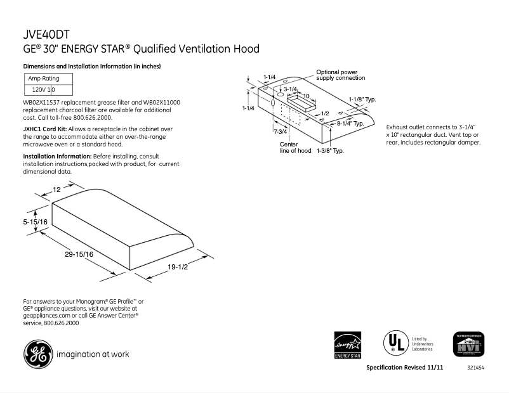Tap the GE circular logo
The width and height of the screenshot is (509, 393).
coord(39,354)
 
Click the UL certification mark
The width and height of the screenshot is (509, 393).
coord(394,344)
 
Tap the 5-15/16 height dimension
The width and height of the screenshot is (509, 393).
coord(36,222)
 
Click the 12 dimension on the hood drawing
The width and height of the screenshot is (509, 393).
coord(56,190)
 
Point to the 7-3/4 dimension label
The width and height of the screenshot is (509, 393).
coord(280,131)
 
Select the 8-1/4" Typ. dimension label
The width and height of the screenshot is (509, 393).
coord(350,123)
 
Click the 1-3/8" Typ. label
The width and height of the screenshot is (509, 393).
coord(330,151)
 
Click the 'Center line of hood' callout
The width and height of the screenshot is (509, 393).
coord(295,148)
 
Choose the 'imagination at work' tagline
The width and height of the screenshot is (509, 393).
coord(93,354)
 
